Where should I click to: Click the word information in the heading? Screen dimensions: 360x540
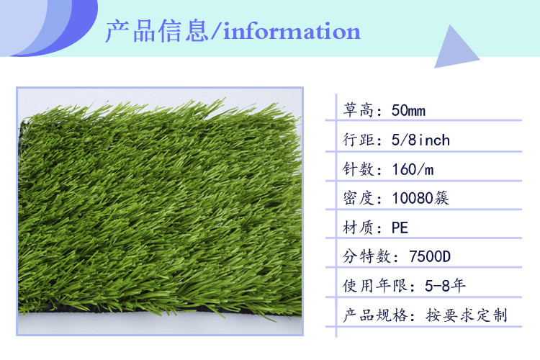point(292,32)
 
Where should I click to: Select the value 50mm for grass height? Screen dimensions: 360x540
point(408,111)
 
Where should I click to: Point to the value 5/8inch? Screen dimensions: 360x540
point(420,140)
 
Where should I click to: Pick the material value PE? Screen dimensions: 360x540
point(400,228)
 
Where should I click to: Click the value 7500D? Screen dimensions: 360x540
point(429,256)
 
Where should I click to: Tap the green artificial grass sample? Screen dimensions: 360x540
point(155,212)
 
